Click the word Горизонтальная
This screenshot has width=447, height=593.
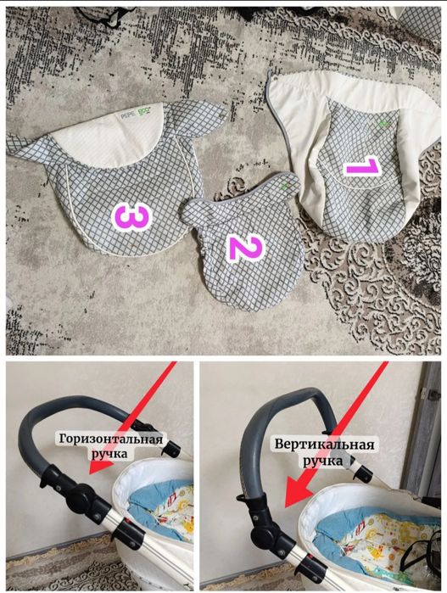point(111,440)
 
